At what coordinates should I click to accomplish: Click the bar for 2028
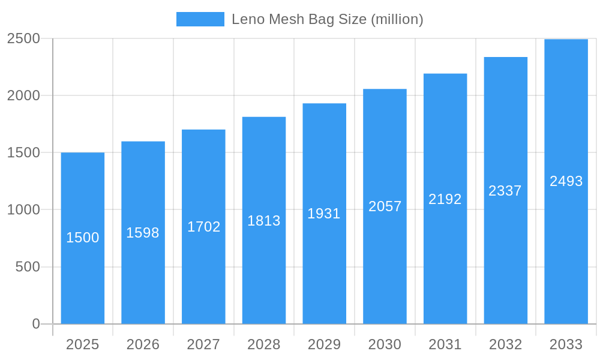coord(264,270)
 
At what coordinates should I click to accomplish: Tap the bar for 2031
coord(445,258)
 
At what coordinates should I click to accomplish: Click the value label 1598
coord(143,233)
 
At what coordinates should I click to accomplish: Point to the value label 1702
coord(203,227)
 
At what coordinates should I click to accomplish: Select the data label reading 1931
coord(324,214)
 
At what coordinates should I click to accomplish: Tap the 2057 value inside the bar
coord(385,206)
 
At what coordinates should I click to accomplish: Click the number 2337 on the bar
coord(505,191)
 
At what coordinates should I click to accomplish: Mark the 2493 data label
coord(566,181)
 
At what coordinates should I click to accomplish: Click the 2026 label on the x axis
coord(143,344)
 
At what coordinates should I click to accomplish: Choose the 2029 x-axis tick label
coord(324,344)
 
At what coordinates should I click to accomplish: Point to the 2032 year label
coord(505,344)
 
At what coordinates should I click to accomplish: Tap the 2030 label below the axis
coord(385,344)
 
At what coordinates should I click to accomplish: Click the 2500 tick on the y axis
coord(23,38)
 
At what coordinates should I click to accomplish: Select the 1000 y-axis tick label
coord(23,210)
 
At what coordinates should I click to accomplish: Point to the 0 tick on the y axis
coord(36,324)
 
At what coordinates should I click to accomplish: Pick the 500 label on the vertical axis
coord(28,267)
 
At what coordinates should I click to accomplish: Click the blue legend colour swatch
coord(200,19)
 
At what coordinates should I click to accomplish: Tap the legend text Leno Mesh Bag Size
coord(327,19)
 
